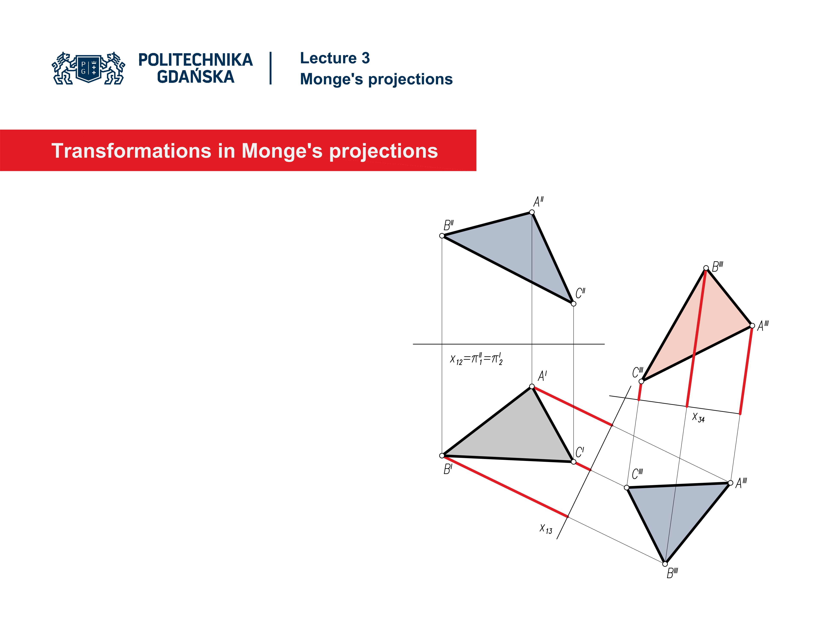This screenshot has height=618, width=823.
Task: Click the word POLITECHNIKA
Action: coord(195,60)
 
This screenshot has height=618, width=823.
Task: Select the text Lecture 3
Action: coord(335,58)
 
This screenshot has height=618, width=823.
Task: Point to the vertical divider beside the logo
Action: coord(270,68)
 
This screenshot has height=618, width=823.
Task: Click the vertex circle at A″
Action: coord(532,212)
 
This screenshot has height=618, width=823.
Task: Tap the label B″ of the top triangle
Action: coord(448,225)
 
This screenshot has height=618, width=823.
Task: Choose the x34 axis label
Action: coord(698,417)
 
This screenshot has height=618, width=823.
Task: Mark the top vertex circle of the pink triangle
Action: coord(706,268)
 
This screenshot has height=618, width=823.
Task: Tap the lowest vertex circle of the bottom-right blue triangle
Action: coord(665,564)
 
